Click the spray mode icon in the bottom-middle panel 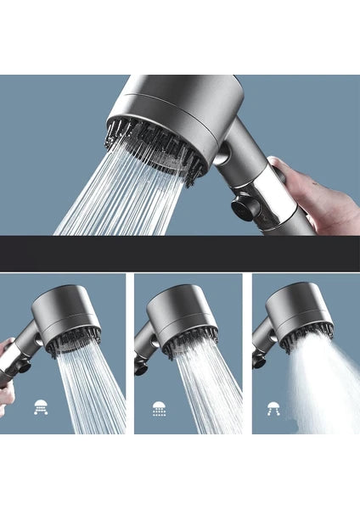(x=158, y=407)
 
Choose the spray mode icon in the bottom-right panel (x=274, y=407)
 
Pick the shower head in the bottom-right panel (x=301, y=310)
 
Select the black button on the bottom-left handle (x=24, y=368)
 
